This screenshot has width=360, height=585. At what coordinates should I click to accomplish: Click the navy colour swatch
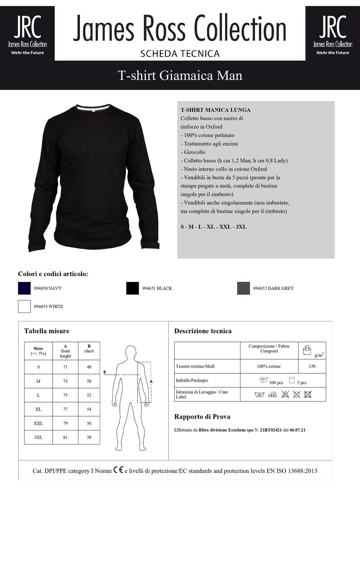24,288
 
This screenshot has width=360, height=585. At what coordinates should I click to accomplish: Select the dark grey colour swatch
243,288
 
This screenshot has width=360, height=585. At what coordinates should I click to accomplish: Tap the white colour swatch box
24,306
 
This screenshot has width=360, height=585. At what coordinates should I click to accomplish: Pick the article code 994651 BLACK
157,288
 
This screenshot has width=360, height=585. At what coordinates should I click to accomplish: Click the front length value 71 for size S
65,367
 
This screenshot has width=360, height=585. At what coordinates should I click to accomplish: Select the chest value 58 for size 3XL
89,437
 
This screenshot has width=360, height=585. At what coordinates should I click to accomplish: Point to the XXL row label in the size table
38,423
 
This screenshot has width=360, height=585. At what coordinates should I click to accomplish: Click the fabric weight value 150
312,366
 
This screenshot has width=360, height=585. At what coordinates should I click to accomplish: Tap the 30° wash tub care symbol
259,395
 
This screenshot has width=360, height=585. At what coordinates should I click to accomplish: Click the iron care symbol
273,395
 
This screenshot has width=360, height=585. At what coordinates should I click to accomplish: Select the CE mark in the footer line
118,470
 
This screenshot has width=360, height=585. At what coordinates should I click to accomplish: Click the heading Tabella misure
47,331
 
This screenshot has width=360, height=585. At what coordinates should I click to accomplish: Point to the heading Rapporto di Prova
202,417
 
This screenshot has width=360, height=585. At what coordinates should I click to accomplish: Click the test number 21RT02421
271,430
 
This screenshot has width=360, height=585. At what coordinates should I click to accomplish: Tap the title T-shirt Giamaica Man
180,75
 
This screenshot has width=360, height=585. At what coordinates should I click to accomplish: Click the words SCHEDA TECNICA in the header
180,54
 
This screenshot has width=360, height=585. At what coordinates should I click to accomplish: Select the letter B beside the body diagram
104,372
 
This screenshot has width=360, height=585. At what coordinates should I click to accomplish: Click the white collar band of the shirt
93,108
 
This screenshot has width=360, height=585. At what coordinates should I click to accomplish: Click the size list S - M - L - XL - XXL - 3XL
213,227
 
